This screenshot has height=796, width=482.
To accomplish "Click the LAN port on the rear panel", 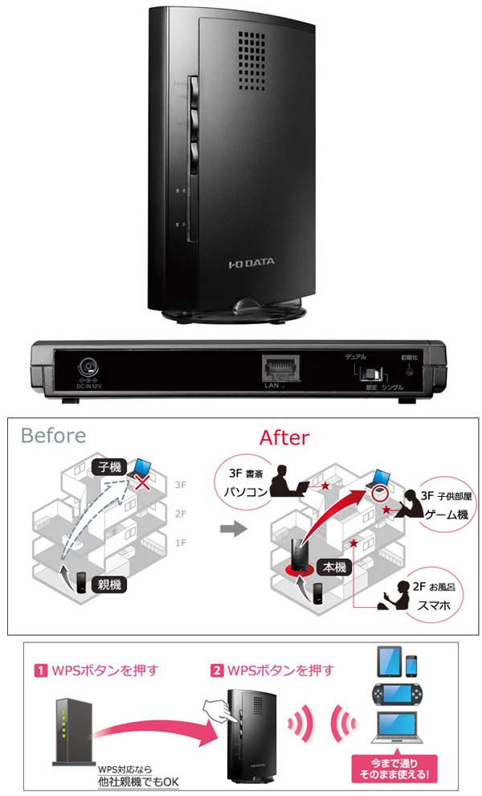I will (x=276, y=369).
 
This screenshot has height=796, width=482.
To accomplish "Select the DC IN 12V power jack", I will (x=89, y=369).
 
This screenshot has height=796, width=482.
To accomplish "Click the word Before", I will (x=53, y=436).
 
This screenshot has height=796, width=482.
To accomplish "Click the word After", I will (x=284, y=437).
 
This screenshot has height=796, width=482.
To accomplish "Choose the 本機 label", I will (x=334, y=568).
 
